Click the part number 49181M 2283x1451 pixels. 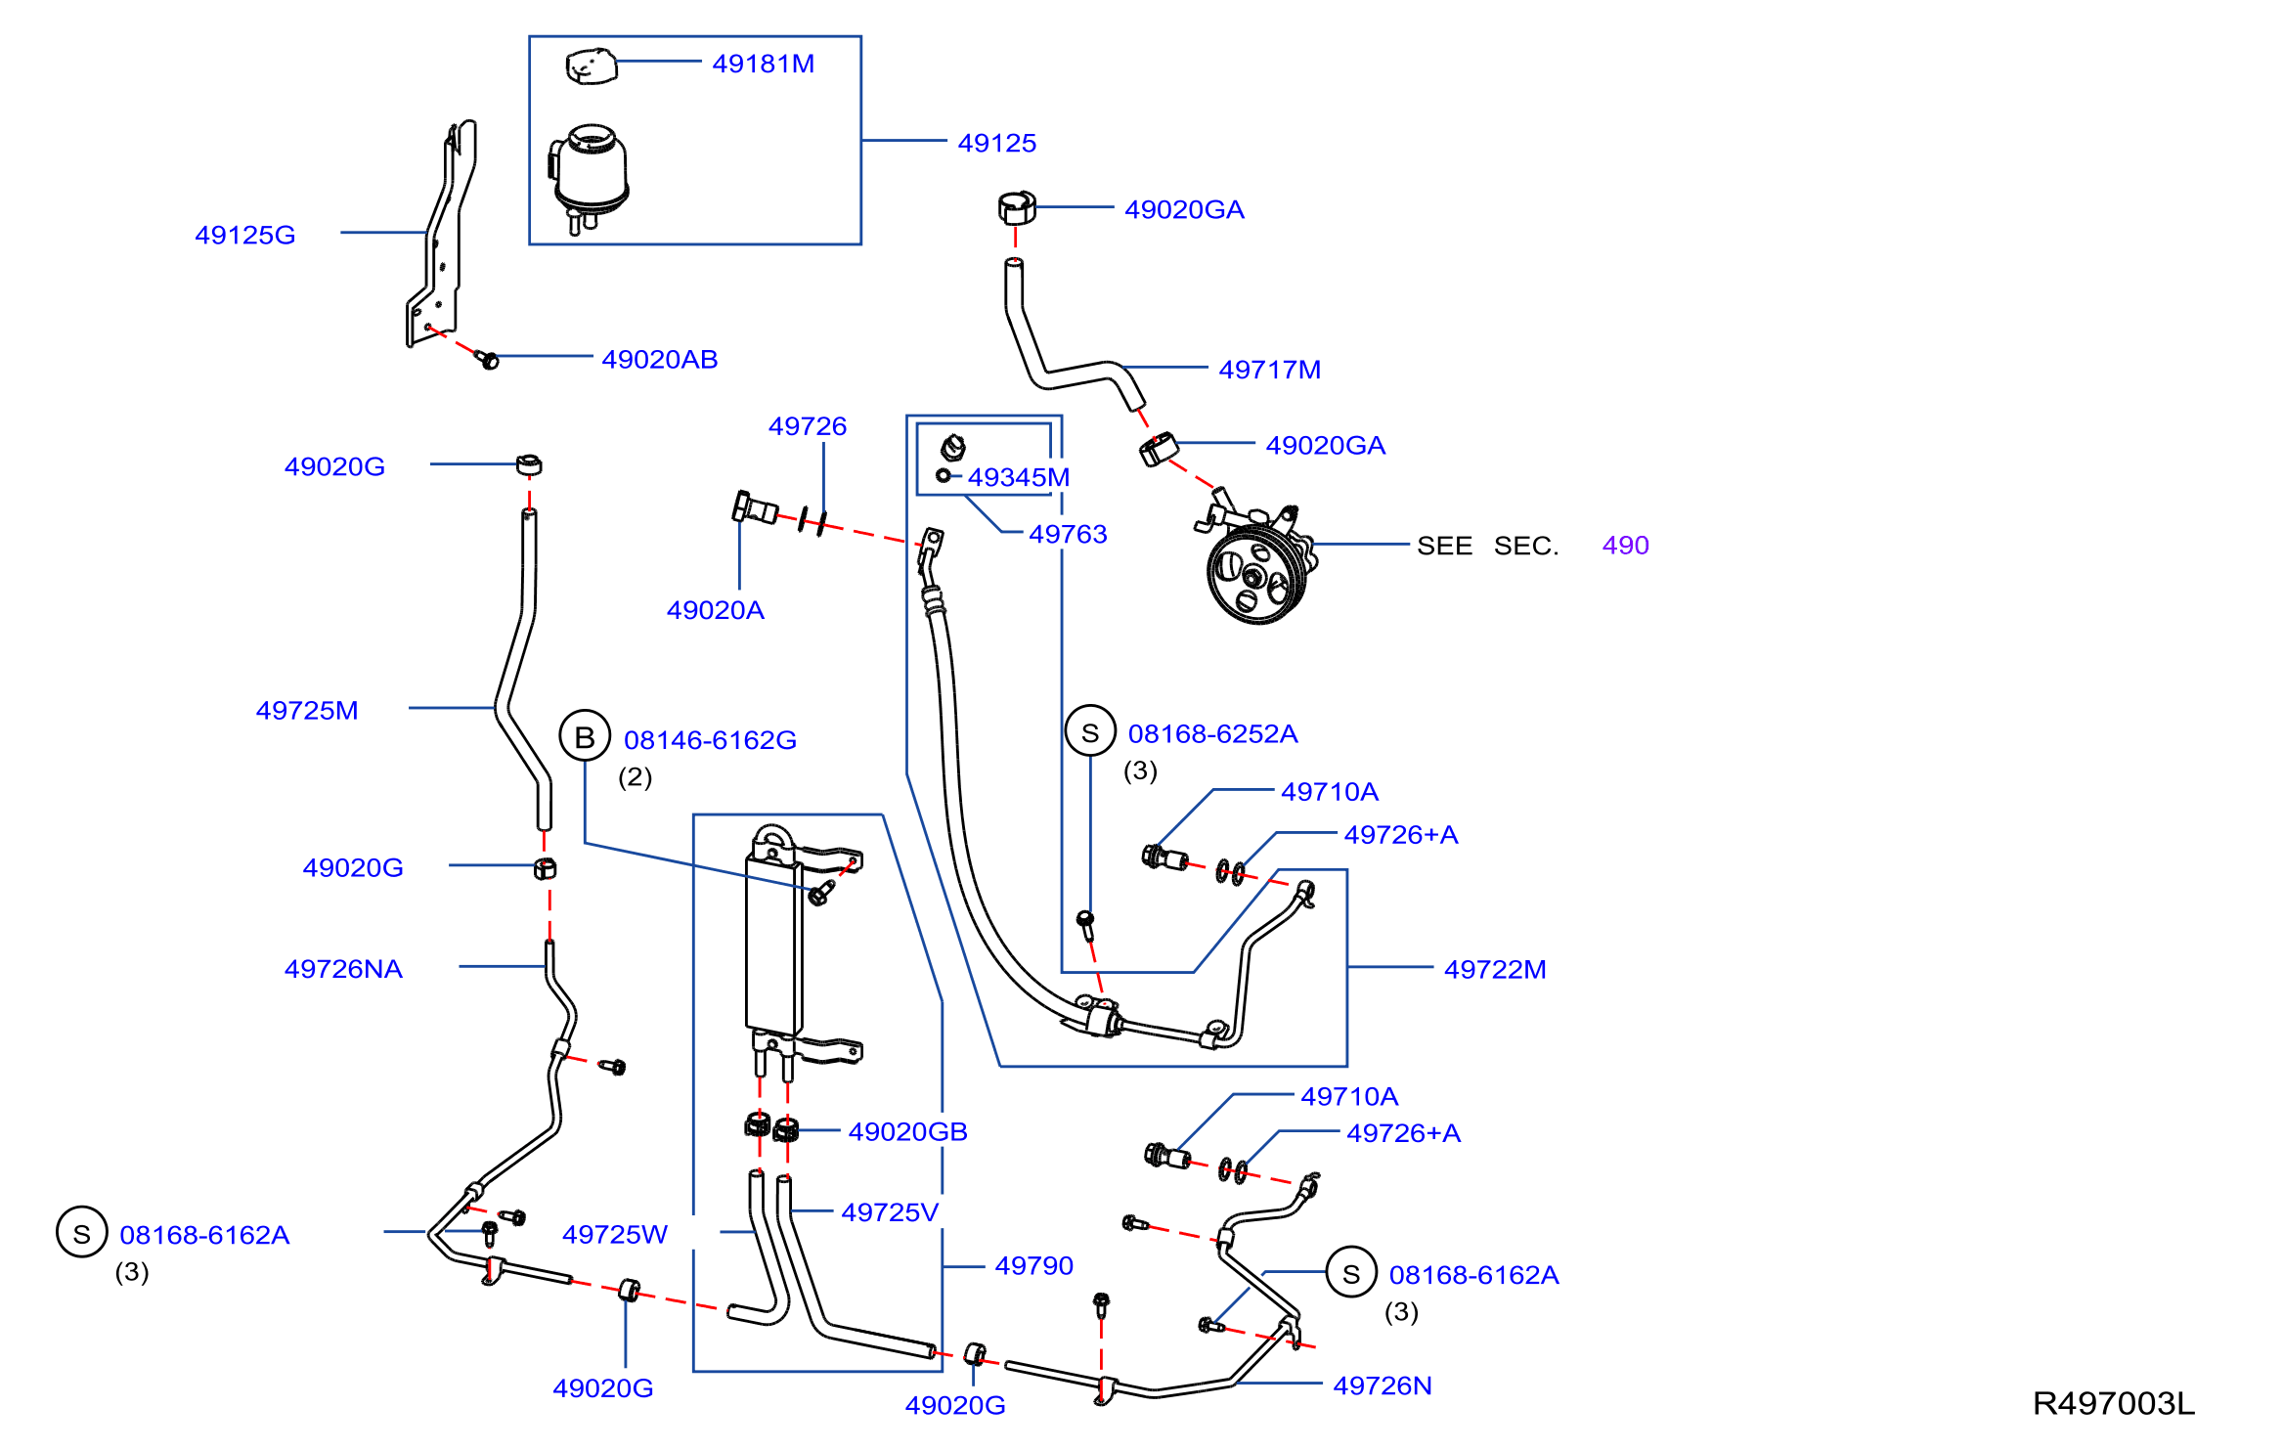[763, 64]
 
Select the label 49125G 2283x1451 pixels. [244, 235]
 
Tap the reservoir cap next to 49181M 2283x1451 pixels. [592, 66]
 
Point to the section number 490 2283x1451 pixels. [1625, 546]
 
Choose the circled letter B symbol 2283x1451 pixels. [585, 736]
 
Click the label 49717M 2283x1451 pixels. [1269, 370]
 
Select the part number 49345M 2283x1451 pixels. [1018, 477]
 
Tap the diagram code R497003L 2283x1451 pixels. [2113, 1404]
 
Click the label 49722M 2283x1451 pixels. [1495, 969]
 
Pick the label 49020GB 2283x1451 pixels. [907, 1131]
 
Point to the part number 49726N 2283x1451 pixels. [1383, 1385]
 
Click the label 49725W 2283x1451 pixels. [614, 1234]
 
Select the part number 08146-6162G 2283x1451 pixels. [710, 740]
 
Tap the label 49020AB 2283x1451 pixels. [659, 359]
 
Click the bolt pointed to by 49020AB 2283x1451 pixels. [487, 359]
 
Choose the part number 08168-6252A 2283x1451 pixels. [1212, 733]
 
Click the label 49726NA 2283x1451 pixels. [343, 969]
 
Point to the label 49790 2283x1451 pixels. [1033, 1265]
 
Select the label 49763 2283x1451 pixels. [1068, 534]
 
